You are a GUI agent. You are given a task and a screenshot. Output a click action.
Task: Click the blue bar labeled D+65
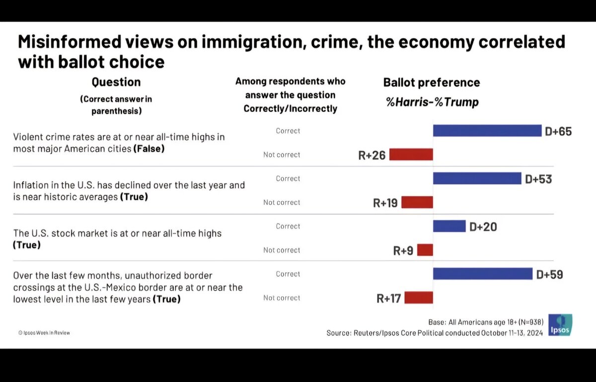pos(487,131)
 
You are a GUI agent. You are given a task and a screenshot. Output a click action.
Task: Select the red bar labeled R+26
pos(411,154)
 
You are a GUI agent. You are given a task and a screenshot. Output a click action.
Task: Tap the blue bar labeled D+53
pos(477,178)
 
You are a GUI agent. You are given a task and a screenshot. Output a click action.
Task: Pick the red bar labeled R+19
pos(417,202)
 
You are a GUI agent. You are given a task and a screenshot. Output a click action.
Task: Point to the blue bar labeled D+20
pos(449,226)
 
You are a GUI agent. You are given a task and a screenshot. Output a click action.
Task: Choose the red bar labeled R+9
pos(425,250)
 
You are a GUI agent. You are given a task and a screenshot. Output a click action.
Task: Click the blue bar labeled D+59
pos(483,274)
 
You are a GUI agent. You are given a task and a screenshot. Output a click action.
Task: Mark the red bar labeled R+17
pos(418,298)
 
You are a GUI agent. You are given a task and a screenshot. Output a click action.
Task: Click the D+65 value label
pos(558,132)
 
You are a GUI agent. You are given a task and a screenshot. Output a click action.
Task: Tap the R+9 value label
pos(403,251)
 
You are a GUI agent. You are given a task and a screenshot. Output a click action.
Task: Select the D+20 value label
pos(483,227)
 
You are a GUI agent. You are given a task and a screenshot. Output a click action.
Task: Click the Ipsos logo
pos(560,325)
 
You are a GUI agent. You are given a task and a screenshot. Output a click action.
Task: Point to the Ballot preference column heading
pos(432,82)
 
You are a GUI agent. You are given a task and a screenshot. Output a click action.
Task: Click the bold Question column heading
pos(116,82)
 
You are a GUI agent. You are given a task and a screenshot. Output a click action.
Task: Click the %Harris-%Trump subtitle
pos(432,102)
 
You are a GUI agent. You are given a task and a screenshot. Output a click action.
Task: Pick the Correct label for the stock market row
pos(288,226)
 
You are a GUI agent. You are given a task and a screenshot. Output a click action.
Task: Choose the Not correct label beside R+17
pos(282,298)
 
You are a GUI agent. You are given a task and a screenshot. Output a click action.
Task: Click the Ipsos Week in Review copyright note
pos(44,332)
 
